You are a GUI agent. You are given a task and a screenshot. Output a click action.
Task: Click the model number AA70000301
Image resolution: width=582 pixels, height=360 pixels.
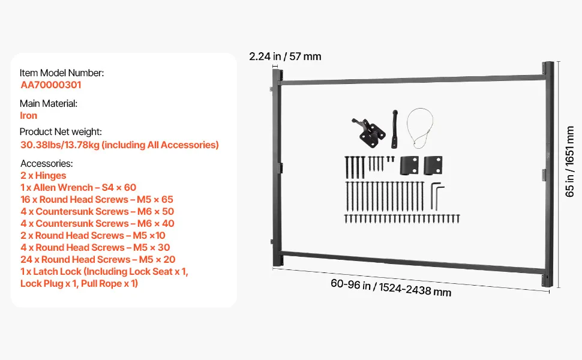pyautogui.click(x=51, y=85)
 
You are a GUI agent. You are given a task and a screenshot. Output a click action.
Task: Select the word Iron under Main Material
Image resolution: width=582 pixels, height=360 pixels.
pyautogui.click(x=29, y=115)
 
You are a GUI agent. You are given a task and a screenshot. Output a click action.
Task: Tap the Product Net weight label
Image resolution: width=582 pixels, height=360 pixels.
pyautogui.click(x=61, y=132)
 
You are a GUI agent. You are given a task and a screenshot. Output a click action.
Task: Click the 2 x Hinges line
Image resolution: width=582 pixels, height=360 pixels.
pyautogui.click(x=43, y=176)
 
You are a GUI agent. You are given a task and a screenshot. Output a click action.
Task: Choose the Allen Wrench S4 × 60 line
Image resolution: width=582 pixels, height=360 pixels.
pyautogui.click(x=79, y=187)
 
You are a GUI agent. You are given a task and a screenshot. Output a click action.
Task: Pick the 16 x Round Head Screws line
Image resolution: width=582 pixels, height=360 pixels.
pyautogui.click(x=97, y=199)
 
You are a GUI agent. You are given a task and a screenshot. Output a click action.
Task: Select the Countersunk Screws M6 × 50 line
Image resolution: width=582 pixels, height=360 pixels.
pyautogui.click(x=97, y=212)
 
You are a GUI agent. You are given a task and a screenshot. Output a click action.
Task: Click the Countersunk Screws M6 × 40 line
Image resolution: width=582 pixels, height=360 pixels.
pyautogui.click(x=97, y=223)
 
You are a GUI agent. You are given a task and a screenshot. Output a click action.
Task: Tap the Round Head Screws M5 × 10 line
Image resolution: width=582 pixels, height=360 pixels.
pyautogui.click(x=93, y=235)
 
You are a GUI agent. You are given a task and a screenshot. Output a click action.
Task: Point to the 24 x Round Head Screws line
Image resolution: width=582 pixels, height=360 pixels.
pyautogui.click(x=98, y=259)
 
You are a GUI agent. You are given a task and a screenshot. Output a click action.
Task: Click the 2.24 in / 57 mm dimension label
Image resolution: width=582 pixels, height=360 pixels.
pyautogui.click(x=285, y=56)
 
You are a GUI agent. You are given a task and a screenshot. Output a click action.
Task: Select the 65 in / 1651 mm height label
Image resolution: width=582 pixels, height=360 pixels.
pyautogui.click(x=569, y=161)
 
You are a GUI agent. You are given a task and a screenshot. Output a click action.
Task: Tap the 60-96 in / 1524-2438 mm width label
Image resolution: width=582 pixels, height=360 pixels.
pyautogui.click(x=391, y=287)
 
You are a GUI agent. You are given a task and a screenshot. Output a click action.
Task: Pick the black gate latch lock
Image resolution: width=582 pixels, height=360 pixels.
pyautogui.click(x=368, y=132)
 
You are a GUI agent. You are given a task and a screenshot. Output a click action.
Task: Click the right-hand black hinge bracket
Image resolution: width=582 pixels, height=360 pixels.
pyautogui.click(x=433, y=166)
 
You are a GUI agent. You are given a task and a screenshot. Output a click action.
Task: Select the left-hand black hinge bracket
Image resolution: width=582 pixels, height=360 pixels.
pyautogui.click(x=409, y=166)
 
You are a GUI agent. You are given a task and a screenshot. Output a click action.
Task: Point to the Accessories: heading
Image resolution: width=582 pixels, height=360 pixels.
pyautogui.click(x=47, y=164)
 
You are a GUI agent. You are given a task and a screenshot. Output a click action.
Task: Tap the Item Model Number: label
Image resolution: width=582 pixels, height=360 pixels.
pyautogui.click(x=62, y=73)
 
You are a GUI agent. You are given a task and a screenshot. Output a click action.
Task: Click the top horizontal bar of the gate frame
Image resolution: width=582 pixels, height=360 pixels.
pyautogui.click(x=412, y=80)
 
